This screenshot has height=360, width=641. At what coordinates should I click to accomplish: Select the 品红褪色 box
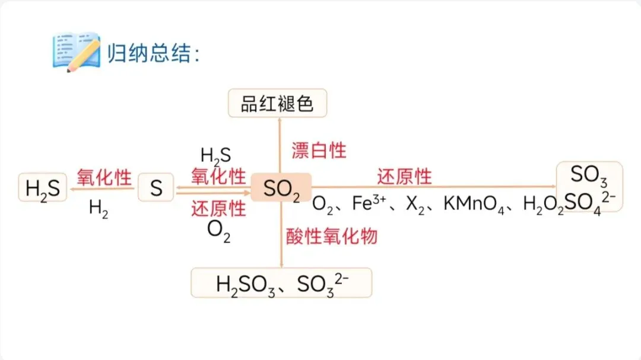(277, 104)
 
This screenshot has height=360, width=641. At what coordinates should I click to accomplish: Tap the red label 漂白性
(318, 150)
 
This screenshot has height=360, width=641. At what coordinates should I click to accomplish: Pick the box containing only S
(156, 188)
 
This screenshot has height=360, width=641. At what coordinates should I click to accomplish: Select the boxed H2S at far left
(43, 188)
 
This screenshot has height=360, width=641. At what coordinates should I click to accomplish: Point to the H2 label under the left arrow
(99, 208)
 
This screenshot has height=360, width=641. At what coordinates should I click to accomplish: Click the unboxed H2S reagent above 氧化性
(215, 156)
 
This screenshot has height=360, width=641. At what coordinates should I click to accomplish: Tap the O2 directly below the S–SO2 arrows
(218, 230)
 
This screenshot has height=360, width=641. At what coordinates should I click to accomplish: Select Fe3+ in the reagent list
(369, 203)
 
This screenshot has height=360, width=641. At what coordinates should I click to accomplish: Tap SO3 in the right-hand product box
(589, 175)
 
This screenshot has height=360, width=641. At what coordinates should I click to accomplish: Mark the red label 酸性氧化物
(331, 236)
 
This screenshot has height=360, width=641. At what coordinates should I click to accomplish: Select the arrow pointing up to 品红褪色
(281, 142)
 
